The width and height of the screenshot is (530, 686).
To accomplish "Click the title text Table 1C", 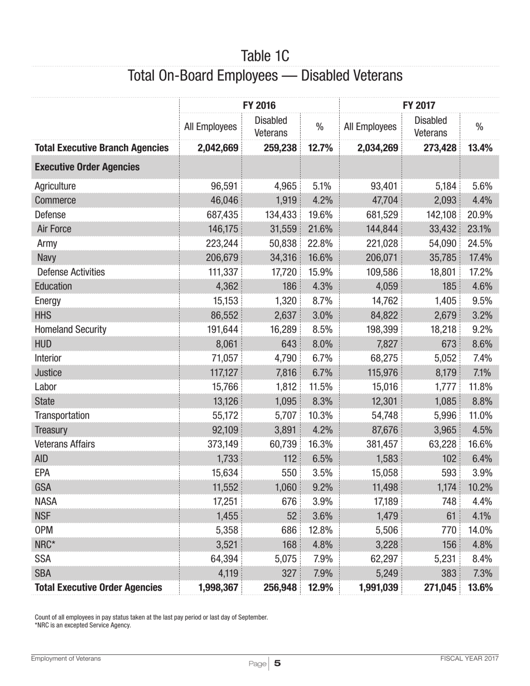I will click(x=265, y=56).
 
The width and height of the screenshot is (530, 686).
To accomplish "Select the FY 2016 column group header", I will click(x=259, y=104).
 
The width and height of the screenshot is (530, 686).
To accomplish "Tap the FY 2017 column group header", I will click(x=419, y=104).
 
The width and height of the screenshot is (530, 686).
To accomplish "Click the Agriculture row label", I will click(x=55, y=186).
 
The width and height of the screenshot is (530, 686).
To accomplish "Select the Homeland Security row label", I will click(x=70, y=330).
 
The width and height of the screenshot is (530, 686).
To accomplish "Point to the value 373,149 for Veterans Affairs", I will click(x=220, y=444).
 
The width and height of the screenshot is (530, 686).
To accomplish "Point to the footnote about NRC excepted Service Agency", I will click(x=83, y=625).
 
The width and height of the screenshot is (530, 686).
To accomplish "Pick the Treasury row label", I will click(x=51, y=429).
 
